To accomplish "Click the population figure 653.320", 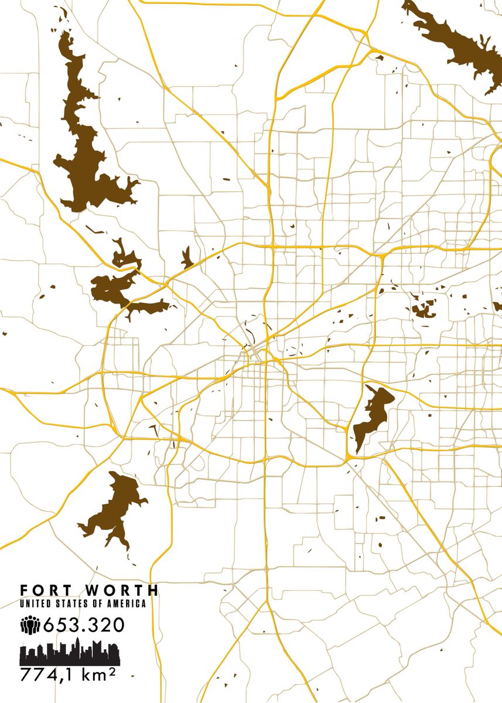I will pyautogui.click(x=83, y=625).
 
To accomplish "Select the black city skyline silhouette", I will pyautogui.click(x=70, y=654).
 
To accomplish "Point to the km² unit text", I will pyautogui.click(x=100, y=675).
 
